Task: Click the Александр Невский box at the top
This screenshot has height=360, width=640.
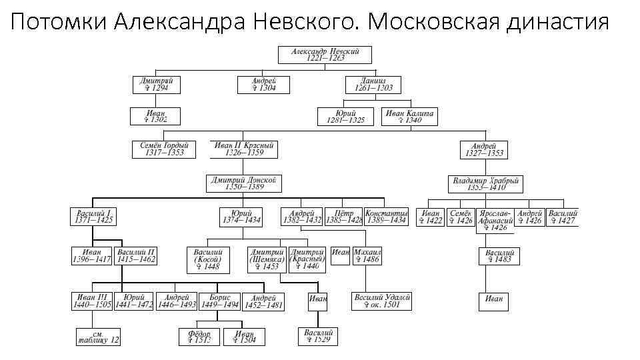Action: pos(325,55)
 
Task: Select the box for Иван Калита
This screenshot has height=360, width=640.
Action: pos(410,116)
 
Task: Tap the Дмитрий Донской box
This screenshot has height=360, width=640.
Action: pos(244,183)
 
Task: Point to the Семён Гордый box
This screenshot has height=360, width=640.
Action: pos(164,149)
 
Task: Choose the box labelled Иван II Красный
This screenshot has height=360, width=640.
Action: pos(244,149)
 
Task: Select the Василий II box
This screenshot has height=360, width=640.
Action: pos(136,256)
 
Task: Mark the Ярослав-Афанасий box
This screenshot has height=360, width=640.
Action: pos(495,221)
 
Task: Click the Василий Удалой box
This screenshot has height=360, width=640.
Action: pos(382,301)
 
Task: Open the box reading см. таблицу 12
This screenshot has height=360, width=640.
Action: pos(97,337)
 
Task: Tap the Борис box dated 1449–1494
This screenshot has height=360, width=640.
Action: pos(219,301)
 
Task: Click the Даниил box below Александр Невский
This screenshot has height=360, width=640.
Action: pos(373,85)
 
